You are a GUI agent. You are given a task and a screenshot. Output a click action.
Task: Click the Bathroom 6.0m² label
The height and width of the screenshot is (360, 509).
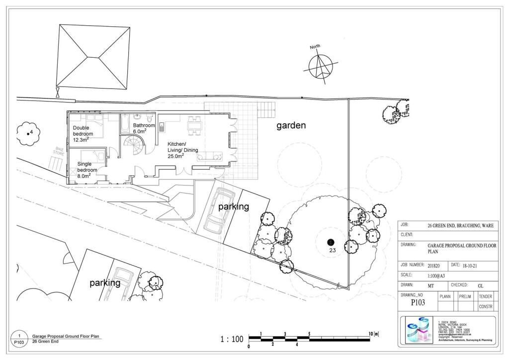tap(144, 128)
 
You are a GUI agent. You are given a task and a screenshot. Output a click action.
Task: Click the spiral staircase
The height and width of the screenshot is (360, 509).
tap(134, 146)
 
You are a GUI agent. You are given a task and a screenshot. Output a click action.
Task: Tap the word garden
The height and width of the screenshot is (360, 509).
tap(291, 126)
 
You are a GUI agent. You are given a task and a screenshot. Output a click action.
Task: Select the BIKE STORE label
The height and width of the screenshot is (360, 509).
tap(59, 151)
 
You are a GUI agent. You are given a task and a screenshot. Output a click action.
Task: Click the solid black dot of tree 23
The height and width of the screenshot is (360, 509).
tap(330, 242)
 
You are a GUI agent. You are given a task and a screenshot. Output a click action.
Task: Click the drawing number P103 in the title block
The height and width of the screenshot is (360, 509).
tap(418, 302)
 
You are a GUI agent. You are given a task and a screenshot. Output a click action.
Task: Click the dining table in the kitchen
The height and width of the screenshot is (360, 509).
tap(195, 125)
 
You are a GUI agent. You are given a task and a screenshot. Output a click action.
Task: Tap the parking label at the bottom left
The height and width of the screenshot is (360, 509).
tap(105, 283)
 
